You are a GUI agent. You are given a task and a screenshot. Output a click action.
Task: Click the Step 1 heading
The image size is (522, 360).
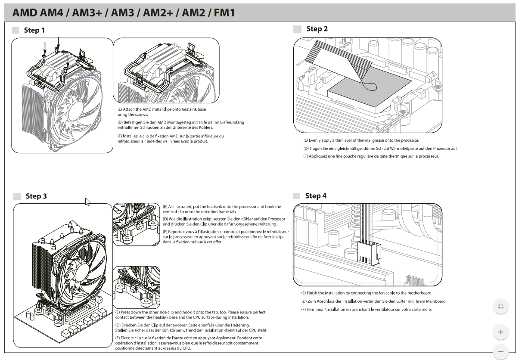coord(34,30)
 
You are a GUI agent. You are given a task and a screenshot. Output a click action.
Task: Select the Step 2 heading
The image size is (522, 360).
coord(317,29)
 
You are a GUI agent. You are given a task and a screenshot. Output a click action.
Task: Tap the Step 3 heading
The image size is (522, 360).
coord(36,196)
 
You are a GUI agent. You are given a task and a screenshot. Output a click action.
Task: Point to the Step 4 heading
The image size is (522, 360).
coord(316,196)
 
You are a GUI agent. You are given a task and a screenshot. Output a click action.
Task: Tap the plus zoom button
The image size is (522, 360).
coord(500,332)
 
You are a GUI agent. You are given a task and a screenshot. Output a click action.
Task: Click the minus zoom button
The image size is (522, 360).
coord(500,351)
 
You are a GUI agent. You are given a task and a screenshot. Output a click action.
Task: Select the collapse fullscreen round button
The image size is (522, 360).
coord(500,306)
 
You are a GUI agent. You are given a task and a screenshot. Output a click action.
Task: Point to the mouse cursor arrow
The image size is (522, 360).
coord(87,201)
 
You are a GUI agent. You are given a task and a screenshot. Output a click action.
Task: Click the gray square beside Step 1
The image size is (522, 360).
coord(16,30)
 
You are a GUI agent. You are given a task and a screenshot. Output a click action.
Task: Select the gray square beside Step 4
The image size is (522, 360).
coord(297,196)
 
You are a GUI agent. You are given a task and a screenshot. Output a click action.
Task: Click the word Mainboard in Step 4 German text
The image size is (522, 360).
coord(435,301)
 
